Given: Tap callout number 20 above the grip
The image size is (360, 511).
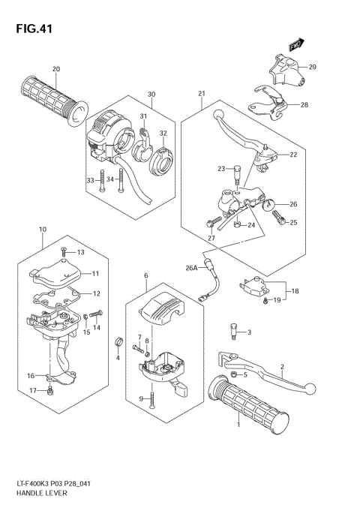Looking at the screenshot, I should coord(55,70).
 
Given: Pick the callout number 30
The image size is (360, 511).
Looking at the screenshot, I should coord(151,95).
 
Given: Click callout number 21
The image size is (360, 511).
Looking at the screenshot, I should coord(202,93).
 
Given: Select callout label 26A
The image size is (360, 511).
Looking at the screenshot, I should coord(191,268).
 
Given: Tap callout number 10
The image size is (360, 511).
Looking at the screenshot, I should coord(42,229).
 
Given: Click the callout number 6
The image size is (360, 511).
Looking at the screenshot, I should coord(145,276).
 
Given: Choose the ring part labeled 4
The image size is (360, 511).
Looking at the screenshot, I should coord(118,344).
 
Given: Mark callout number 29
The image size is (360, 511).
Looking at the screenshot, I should coord(312,68).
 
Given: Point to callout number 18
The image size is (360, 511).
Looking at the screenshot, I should coord(295,290).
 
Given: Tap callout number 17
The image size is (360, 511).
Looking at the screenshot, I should coord(31,391).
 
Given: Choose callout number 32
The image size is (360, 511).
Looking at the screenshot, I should coord(163,134).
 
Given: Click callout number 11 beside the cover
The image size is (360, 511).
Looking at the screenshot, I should coord(95,273).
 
